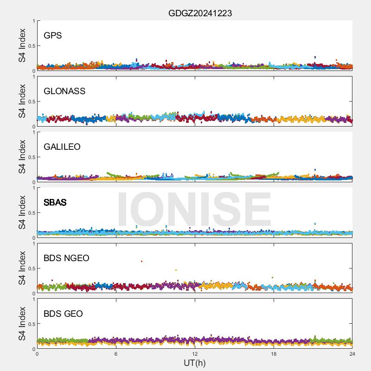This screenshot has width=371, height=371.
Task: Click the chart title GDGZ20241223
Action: coord(200,13)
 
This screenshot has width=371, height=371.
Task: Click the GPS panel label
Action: coord(52,36)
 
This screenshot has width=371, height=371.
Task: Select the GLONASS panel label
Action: coord(64,91)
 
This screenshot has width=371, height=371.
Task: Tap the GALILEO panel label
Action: coord(62,147)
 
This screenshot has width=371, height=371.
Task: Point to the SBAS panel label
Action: coord(55,203)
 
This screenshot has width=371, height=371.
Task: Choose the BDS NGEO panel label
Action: coord(66,258)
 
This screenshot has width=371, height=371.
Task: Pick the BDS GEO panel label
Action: coord(63,314)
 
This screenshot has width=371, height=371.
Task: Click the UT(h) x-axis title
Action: coord(195,363)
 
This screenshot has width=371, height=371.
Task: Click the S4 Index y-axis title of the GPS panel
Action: coord(22,45)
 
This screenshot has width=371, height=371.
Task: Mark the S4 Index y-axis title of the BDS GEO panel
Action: coord(22,324)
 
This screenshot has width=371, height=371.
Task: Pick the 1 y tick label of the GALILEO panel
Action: coord(33,133)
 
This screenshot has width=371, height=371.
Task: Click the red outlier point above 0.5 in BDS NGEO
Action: coord(141,262)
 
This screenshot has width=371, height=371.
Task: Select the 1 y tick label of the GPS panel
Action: coord(33,21)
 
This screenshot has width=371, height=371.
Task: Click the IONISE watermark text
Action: coord(194,210)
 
